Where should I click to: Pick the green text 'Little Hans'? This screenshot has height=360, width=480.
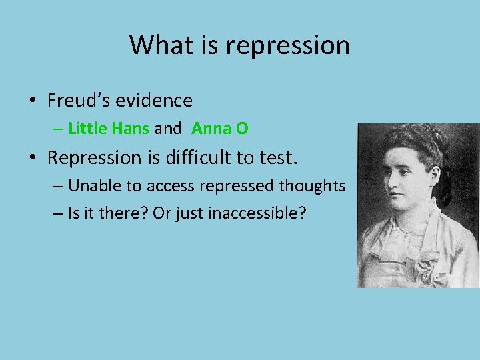pos(109,128)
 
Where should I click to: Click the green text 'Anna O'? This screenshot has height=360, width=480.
pos(220,128)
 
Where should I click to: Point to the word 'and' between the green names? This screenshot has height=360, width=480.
pos(167,128)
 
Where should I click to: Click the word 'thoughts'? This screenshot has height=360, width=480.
pos(313,185)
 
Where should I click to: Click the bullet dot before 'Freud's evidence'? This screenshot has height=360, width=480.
pos(32,101)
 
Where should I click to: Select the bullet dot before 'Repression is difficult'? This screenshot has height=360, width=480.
pos(32,159)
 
